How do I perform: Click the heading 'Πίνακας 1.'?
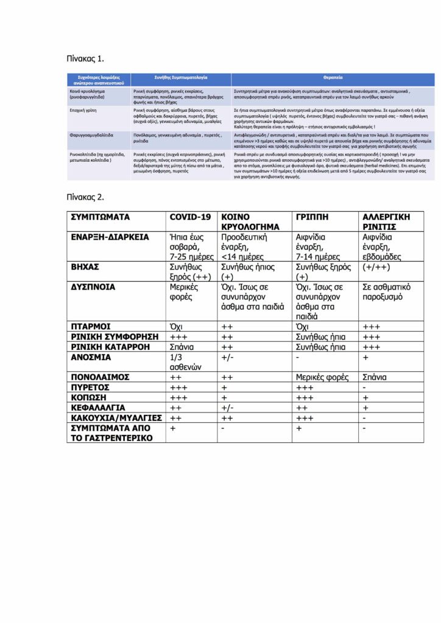[85, 58]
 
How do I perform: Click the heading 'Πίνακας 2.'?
[85, 197]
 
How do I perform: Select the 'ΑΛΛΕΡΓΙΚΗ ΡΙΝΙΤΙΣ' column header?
[386, 221]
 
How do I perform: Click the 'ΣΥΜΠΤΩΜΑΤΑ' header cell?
[101, 217]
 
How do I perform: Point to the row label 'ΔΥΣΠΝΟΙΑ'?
[93, 287]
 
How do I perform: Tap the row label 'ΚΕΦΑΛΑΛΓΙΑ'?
[98, 407]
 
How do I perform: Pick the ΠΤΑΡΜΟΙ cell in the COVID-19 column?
[178, 327]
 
